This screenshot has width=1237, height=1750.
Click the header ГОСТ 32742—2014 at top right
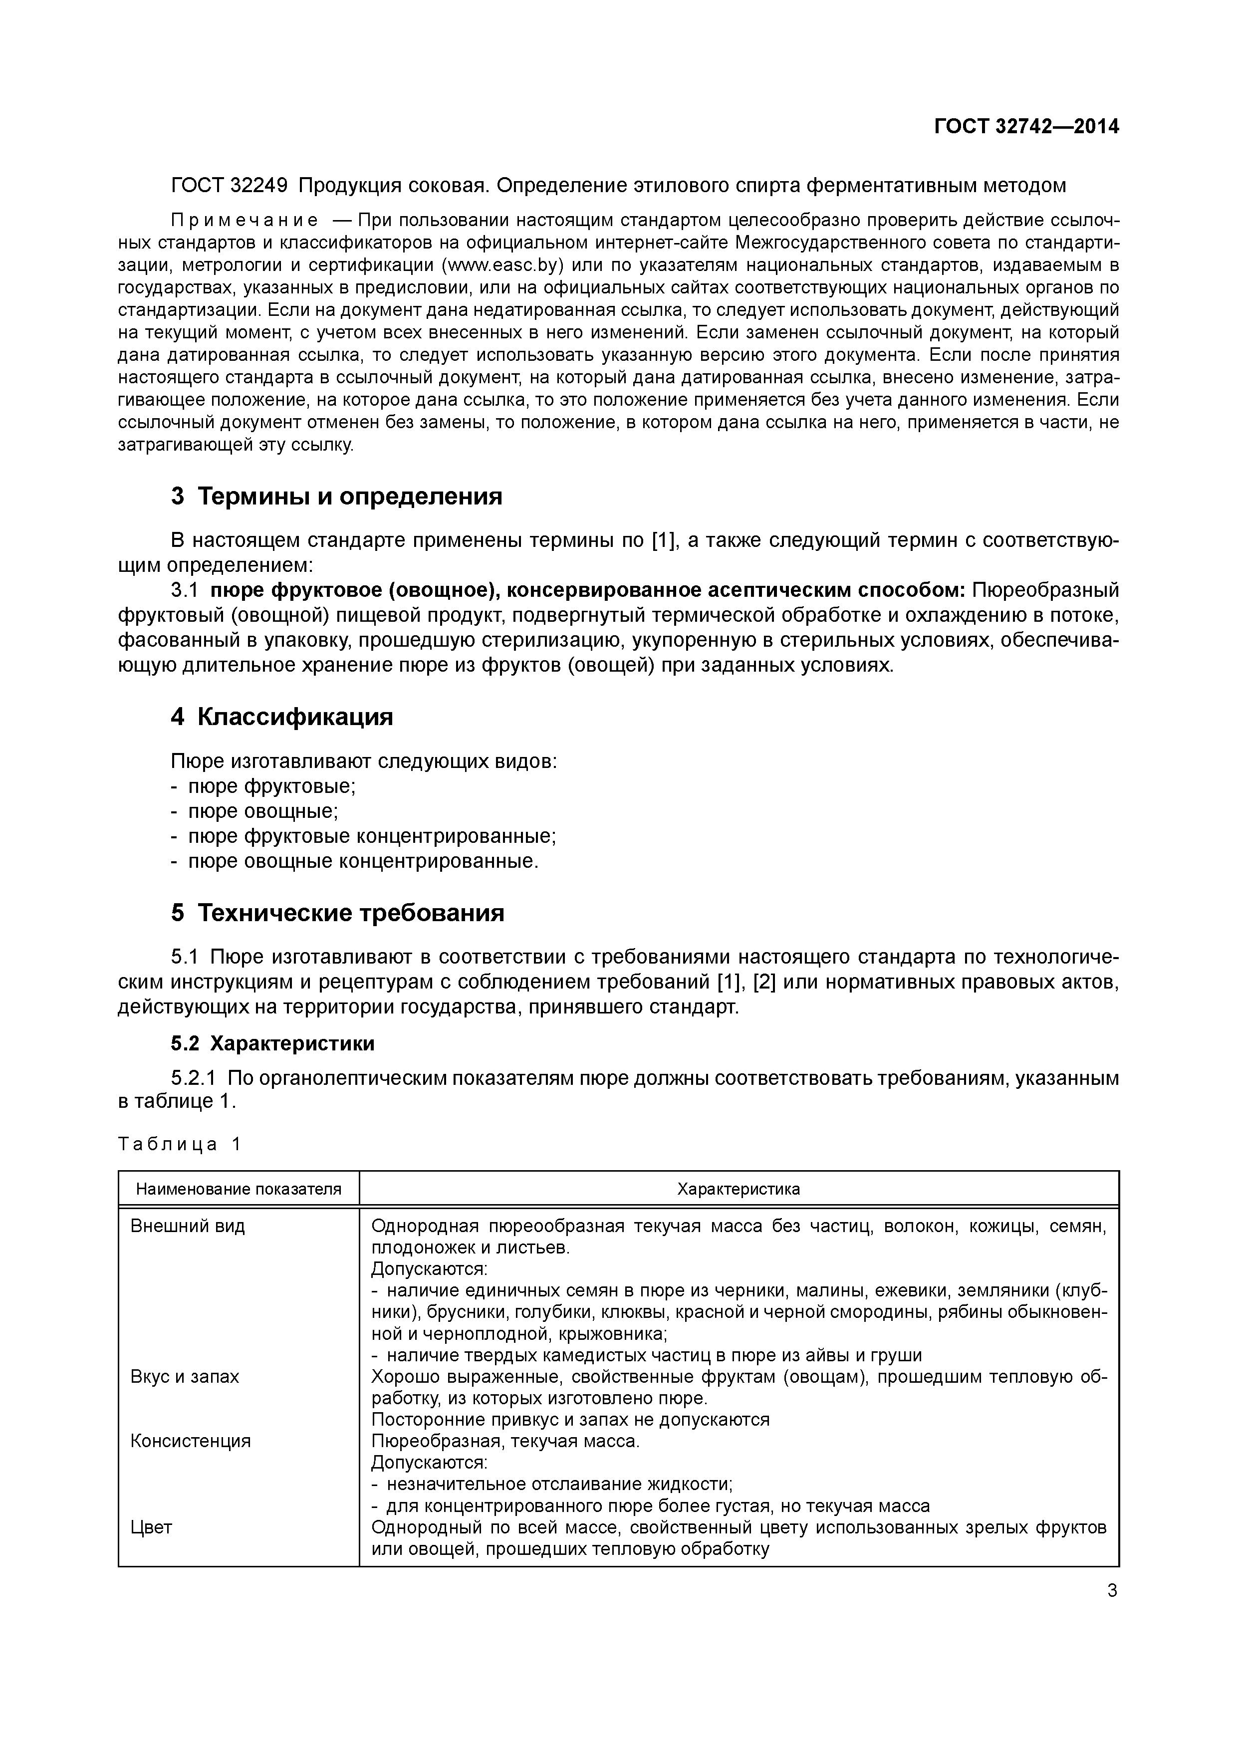pos(1026,127)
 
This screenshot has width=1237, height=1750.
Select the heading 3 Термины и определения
pos(336,496)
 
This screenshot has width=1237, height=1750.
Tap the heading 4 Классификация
pos(281,717)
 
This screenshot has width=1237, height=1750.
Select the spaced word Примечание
pos(244,221)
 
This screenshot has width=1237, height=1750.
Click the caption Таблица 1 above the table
pos(180,1144)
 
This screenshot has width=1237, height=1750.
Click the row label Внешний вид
pos(188,1227)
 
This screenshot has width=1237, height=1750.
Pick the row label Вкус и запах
pos(185,1377)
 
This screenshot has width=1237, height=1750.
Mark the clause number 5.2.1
pos(193,1078)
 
